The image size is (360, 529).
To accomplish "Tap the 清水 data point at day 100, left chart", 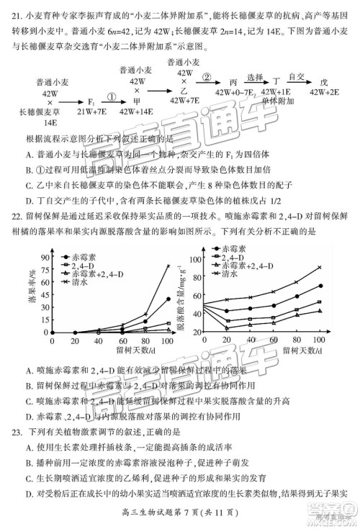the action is click(168, 266).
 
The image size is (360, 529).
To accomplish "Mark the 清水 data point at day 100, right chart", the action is click(319, 267).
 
